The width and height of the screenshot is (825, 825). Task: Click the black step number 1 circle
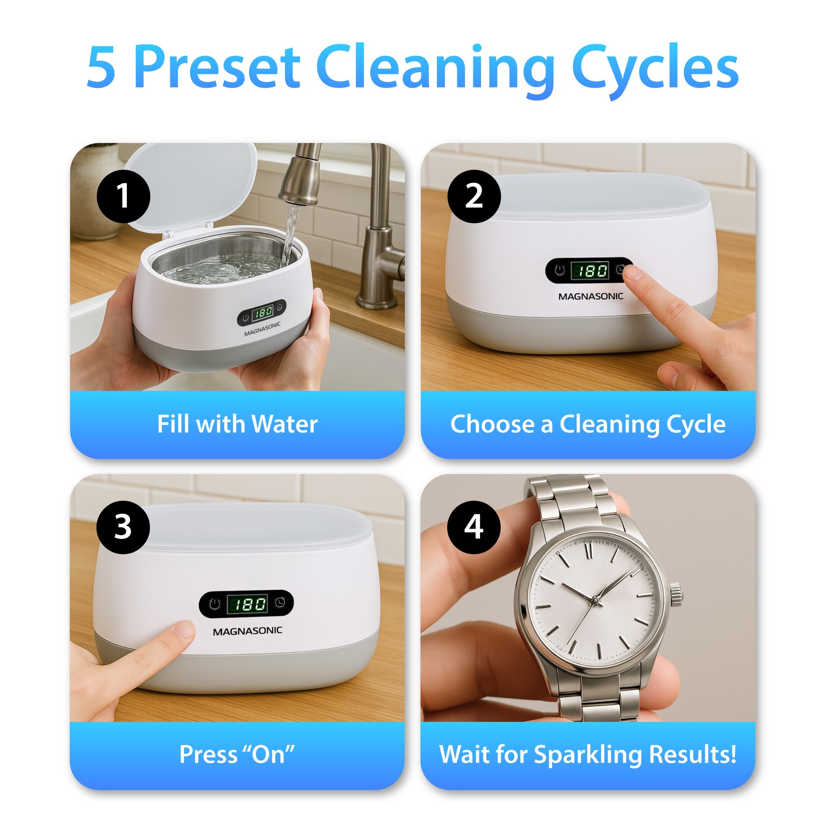point(123,196)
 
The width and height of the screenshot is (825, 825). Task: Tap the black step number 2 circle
point(474,196)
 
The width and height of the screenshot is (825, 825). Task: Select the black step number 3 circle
point(123,527)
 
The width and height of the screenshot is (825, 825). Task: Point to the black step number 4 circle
point(474,527)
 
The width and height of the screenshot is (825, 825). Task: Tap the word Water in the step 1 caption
point(285,424)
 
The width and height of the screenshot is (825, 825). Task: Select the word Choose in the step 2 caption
point(492,424)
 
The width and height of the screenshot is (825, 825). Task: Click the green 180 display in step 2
point(590,271)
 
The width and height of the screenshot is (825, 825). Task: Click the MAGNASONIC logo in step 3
point(247,631)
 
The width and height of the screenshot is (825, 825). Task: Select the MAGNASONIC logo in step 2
point(590,296)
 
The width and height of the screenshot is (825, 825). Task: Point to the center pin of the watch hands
point(595,600)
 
